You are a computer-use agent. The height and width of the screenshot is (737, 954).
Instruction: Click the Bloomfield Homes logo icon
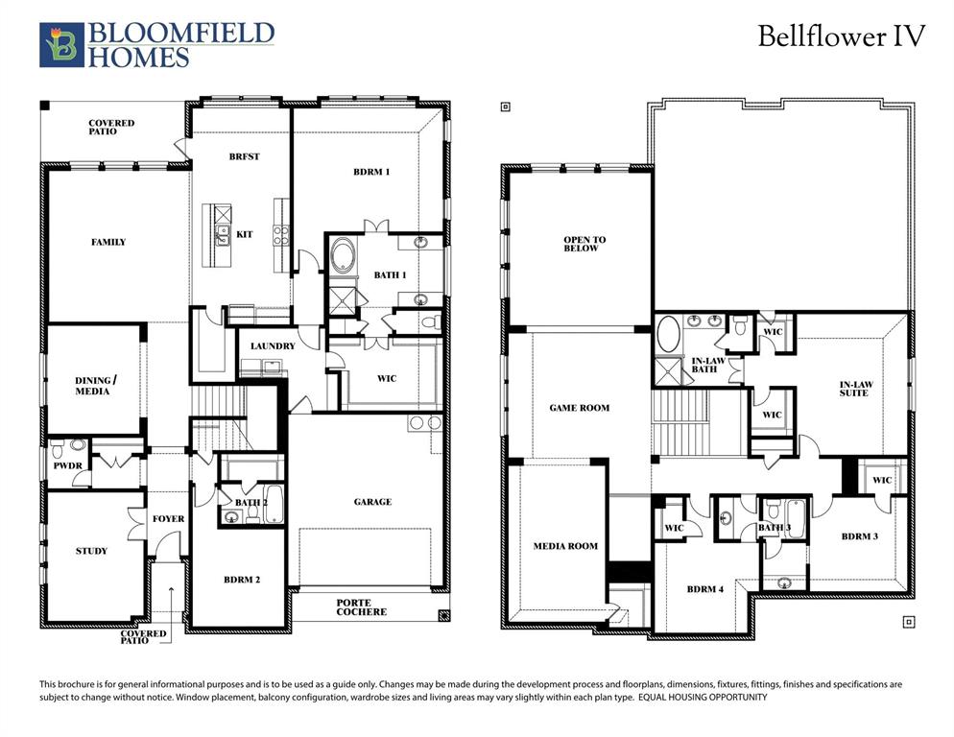[60, 45]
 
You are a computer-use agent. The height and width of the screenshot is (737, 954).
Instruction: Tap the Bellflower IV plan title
[841, 36]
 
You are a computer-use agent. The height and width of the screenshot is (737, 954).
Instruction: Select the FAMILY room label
[108, 242]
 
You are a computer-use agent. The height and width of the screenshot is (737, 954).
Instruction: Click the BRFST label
[244, 156]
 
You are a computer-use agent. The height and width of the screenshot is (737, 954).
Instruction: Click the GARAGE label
[371, 501]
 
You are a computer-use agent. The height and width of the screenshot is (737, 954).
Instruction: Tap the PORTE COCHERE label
[362, 607]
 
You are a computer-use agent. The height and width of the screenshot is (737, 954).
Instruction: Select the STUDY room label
[92, 551]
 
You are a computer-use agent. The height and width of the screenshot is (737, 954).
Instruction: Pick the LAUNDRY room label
[273, 345]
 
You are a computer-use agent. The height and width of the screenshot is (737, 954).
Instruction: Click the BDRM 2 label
[242, 579]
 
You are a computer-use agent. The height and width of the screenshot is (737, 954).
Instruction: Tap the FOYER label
[169, 519]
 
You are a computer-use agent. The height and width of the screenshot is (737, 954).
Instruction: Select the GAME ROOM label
[580, 408]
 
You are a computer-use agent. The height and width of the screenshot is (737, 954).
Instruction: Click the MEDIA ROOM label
[565, 546]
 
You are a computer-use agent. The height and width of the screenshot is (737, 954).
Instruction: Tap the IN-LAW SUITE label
[854, 388]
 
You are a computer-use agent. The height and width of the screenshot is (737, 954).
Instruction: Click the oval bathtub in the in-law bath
[668, 336]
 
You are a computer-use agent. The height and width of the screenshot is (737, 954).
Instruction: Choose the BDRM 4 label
[705, 589]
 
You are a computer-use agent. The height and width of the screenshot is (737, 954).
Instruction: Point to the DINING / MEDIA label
[92, 386]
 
